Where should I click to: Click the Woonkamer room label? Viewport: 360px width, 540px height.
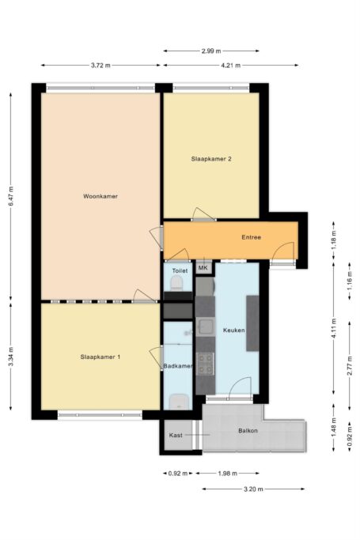pos(100,196)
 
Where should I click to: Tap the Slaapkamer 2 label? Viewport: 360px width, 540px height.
pos(210,159)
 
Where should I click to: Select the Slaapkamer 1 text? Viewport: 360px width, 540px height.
pos(100,357)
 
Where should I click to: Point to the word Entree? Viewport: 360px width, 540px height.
pos(251,237)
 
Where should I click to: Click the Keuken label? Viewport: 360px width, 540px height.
pos(233,330)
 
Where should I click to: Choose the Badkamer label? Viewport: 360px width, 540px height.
pos(177,367)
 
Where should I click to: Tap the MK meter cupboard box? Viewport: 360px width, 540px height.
pos(203,268)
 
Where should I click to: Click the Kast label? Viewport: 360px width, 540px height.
pos(176,436)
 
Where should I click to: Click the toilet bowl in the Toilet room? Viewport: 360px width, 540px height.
pos(178,283)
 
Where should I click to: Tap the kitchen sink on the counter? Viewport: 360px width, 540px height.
pos(205,326)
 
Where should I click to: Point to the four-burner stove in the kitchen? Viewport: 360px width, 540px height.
pos(205,363)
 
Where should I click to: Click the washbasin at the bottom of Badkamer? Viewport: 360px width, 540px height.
pos(178,400)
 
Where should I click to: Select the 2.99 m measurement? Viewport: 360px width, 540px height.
pos(210,51)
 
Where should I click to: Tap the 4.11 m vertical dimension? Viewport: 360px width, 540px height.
pos(333,329)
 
